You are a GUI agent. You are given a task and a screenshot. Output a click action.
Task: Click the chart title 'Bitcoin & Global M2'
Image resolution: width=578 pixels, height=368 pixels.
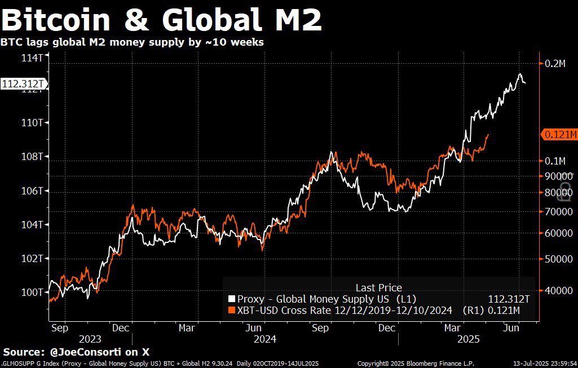click(162, 20)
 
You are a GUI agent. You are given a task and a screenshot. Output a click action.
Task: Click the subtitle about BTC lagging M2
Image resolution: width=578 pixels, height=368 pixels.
click(132, 42)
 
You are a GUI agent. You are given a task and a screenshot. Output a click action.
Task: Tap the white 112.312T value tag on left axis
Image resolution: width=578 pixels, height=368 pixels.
click(22, 84)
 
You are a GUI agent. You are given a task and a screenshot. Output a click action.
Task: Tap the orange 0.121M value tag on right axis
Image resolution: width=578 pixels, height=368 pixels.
click(559, 134)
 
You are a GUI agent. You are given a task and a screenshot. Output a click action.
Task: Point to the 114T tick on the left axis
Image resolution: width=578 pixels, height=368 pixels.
click(32, 57)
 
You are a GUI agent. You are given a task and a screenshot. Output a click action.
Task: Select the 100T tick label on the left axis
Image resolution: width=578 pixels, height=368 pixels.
click(32, 292)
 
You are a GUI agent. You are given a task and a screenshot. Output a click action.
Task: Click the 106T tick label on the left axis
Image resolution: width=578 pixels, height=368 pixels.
click(32, 190)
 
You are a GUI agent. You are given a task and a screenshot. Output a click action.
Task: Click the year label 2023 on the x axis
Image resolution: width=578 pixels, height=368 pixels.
click(91, 339)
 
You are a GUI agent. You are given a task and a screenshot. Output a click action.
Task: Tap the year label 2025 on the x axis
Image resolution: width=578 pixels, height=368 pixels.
click(467, 339)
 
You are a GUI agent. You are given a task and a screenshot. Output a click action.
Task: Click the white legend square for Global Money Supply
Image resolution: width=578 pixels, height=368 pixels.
click(231, 299)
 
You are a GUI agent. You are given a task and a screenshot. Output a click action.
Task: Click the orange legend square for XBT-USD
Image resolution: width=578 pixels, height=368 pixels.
click(231, 310)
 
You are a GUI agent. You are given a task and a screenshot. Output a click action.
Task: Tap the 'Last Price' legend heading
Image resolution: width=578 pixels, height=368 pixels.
click(378, 287)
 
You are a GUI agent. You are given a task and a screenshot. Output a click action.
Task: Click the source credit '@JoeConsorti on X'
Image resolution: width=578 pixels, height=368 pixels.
click(100, 352)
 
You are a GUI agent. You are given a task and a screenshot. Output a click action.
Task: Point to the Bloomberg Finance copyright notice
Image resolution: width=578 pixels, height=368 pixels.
click(416, 364)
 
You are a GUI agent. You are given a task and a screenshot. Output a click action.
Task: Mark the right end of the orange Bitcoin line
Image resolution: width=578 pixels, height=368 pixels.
click(488, 135)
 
